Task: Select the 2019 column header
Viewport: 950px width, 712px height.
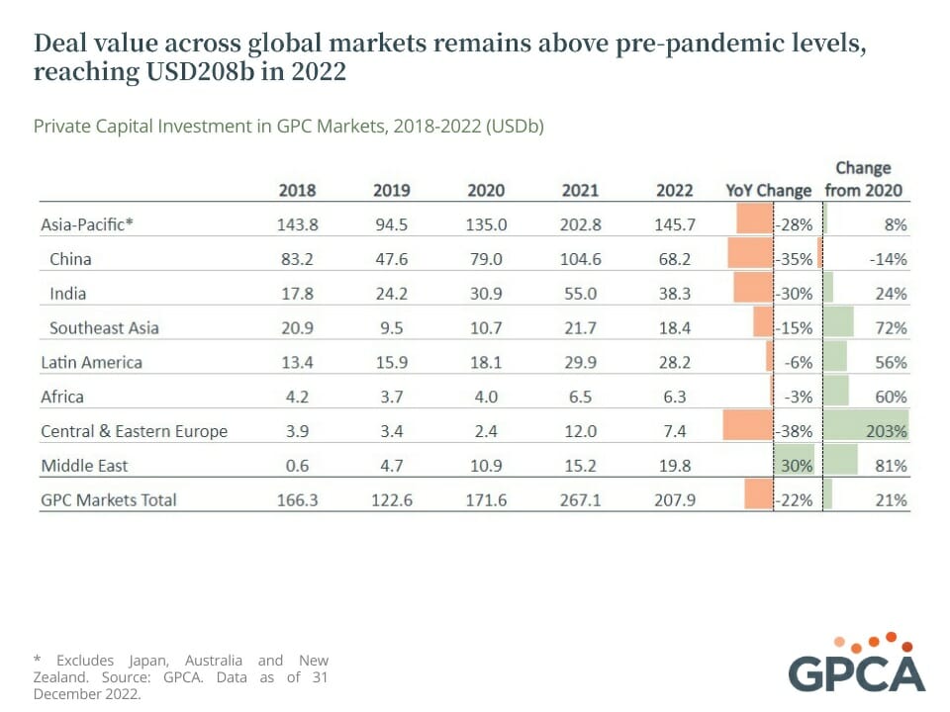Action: click(x=391, y=190)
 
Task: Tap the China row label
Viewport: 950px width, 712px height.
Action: click(x=70, y=259)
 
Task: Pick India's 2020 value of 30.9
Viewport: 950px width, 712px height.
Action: click(x=486, y=293)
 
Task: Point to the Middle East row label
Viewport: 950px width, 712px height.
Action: click(x=84, y=465)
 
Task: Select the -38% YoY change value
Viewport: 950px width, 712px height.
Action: click(x=796, y=431)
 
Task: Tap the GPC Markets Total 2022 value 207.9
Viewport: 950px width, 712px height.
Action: click(x=675, y=499)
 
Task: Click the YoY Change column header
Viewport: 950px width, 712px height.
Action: click(x=768, y=190)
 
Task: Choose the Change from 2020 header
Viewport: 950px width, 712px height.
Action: click(x=863, y=179)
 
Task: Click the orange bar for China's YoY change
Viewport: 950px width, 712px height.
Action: click(x=749, y=259)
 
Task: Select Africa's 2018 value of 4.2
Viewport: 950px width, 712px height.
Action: click(x=298, y=397)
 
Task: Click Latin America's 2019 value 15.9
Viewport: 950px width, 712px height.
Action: click(x=391, y=362)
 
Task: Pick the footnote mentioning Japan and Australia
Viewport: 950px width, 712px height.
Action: click(x=181, y=676)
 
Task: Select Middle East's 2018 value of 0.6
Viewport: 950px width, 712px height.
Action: click(x=298, y=465)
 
